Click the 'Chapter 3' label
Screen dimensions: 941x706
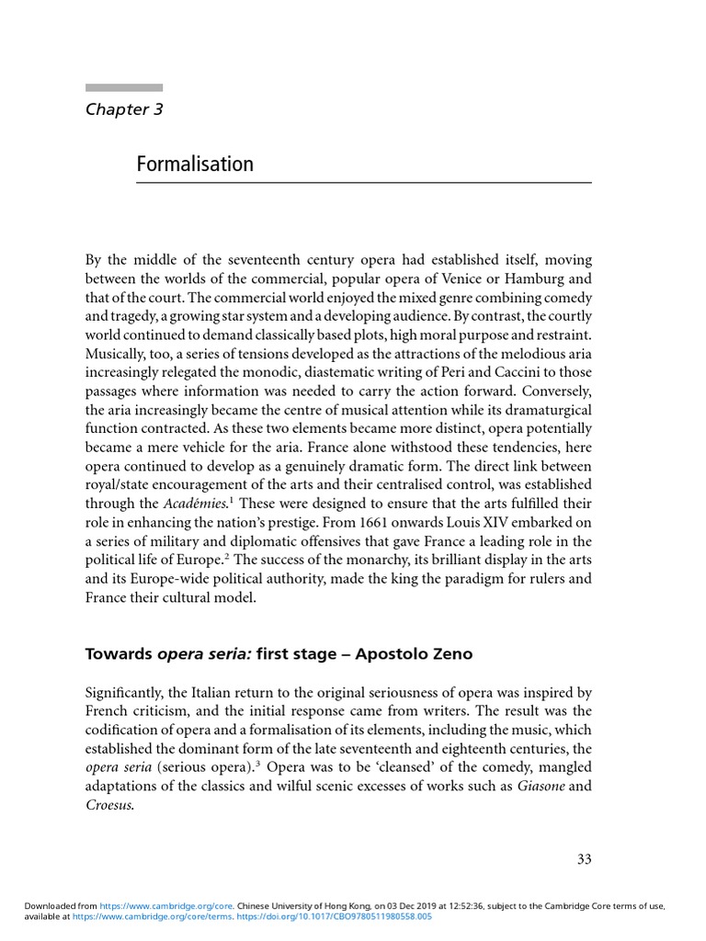pos(124,110)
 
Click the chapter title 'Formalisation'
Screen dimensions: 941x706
pos(195,164)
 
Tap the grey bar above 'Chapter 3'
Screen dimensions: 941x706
pos(124,88)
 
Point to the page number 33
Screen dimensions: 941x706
pos(584,860)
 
